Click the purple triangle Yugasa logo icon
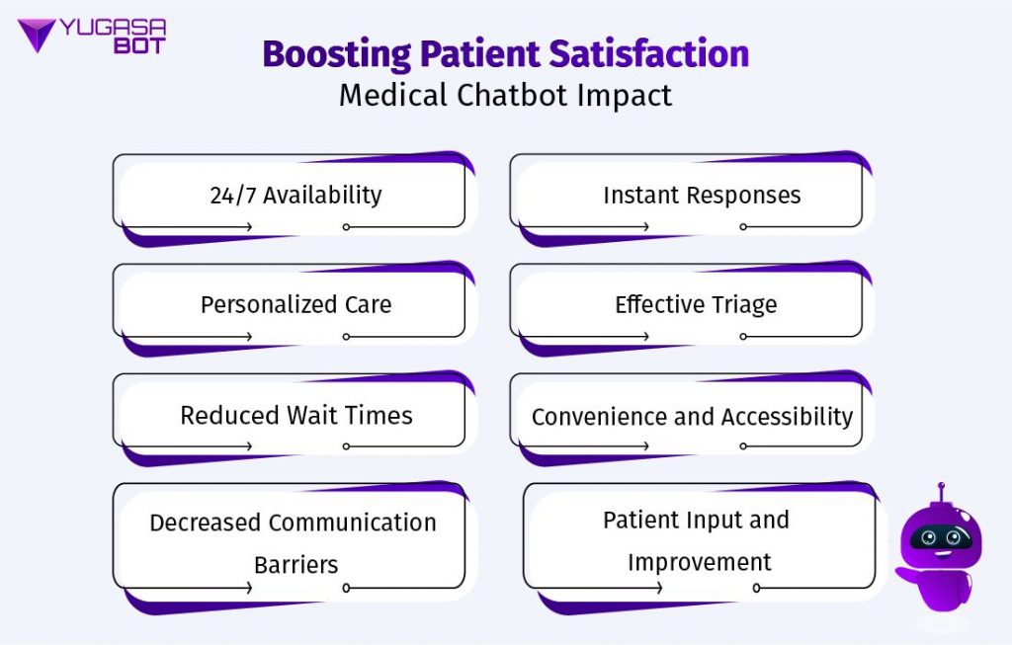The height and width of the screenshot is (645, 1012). pos(37,36)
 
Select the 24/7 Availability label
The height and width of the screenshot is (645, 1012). pos(295,195)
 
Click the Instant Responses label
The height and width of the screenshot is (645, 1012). pos(702,195)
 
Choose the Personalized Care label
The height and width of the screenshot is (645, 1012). pos(295,304)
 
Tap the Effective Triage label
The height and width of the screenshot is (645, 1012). pos(696,304)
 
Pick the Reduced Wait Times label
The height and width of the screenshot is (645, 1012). pos(295,415)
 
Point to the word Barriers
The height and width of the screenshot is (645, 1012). pos(295,566)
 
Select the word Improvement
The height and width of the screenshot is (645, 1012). pos(699,563)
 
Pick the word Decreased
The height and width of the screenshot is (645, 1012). pos(204,523)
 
